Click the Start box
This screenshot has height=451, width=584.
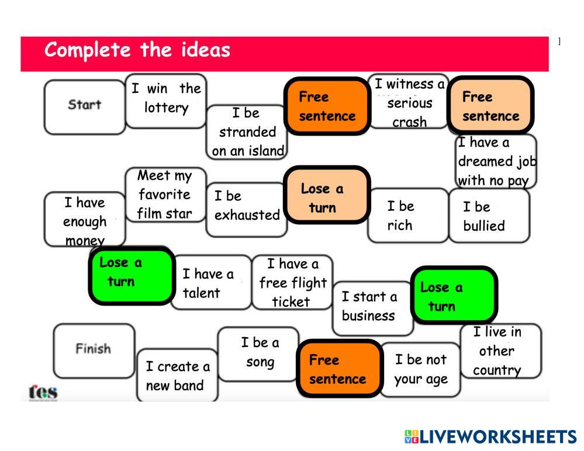[x=85, y=106]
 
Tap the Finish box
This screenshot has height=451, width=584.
[x=94, y=349]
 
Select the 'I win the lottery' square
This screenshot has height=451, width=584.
[x=166, y=99]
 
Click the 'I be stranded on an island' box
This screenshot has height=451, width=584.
[x=248, y=132]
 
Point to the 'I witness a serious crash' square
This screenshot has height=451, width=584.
[x=409, y=103]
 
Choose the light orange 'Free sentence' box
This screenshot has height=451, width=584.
[x=490, y=106]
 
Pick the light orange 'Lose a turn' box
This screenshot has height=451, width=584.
[x=327, y=197]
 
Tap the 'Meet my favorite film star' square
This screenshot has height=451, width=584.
[x=165, y=195]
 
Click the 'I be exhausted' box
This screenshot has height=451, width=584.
[x=247, y=207]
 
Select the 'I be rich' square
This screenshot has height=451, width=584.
[x=407, y=216]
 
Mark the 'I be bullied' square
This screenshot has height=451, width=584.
[x=489, y=216]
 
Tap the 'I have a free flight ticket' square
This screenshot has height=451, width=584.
[x=292, y=283]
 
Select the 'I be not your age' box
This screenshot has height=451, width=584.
[x=420, y=369]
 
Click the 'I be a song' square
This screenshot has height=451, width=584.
[x=258, y=352]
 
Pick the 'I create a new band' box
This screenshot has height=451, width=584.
[x=177, y=376]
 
